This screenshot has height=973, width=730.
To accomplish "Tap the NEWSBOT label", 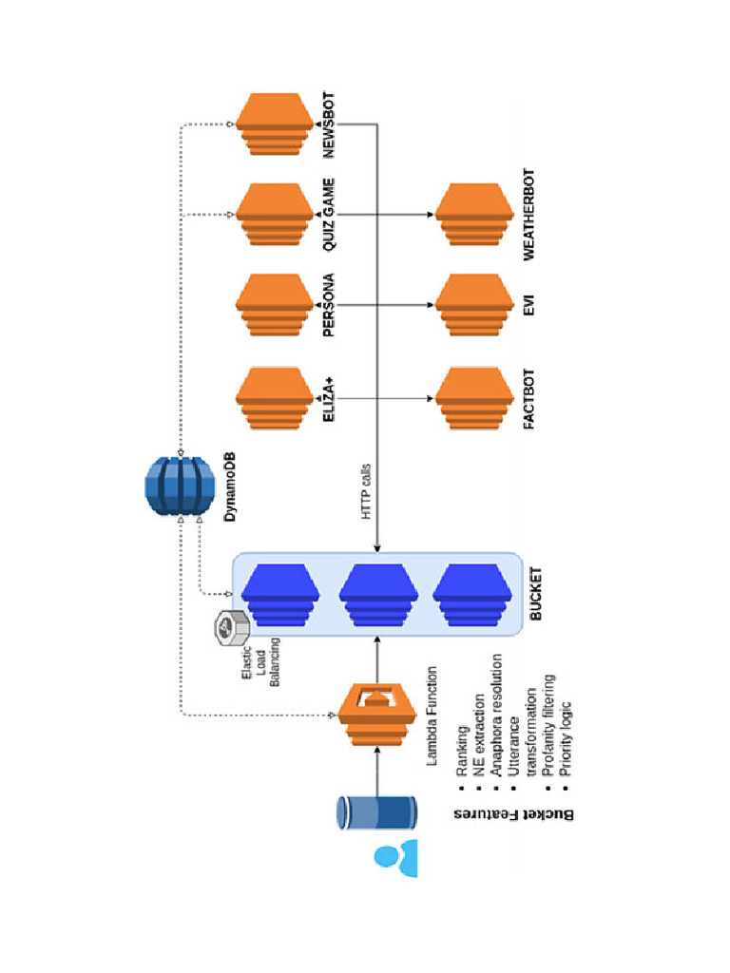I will [x=330, y=124].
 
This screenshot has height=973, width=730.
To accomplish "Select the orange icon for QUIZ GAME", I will [x=275, y=215].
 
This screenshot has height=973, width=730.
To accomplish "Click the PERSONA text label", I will [x=330, y=305].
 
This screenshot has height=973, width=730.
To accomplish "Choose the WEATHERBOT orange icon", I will [x=474, y=215].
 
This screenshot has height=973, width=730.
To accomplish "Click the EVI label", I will [x=529, y=305].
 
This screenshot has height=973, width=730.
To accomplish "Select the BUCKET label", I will [x=536, y=595].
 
